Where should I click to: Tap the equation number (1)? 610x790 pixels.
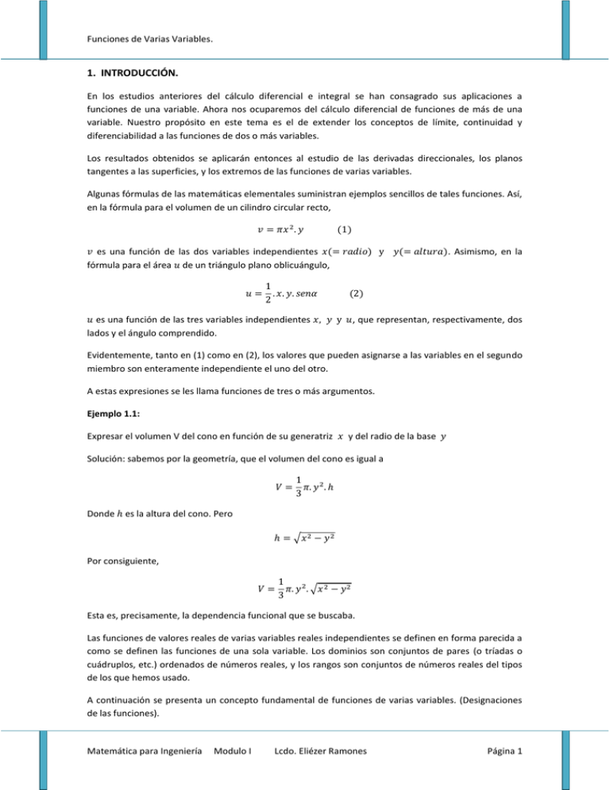click(346, 230)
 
